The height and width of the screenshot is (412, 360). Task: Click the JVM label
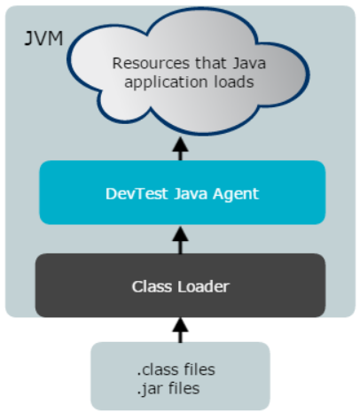(43, 38)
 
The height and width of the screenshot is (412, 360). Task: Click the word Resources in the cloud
(151, 63)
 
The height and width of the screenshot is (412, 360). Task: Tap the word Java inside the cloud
(249, 63)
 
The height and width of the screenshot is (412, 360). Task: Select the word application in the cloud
(166, 82)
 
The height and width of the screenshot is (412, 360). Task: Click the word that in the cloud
(210, 63)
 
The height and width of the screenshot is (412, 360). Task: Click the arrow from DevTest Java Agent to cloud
(180, 149)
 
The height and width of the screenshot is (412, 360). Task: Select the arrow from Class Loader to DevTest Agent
(180, 240)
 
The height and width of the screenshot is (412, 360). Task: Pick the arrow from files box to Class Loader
(180, 330)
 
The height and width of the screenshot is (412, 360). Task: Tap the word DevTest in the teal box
(137, 194)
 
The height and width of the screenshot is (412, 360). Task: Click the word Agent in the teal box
(236, 195)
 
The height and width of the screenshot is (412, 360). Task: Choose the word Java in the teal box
(190, 194)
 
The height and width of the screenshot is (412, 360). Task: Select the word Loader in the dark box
(203, 286)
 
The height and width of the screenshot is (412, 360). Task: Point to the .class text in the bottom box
(158, 369)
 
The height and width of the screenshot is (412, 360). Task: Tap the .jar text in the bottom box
(150, 389)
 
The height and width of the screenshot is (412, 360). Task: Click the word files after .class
(200, 369)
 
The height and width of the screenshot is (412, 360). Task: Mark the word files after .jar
(184, 388)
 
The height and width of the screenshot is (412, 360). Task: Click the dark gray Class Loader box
(180, 285)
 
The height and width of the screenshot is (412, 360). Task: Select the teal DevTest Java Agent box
(183, 192)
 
